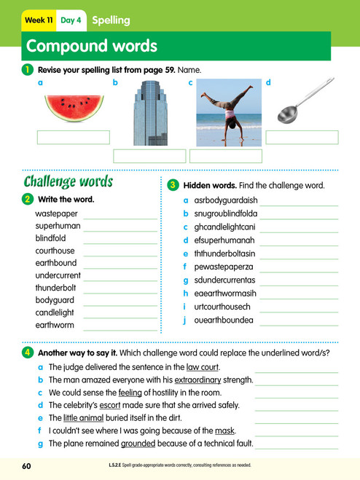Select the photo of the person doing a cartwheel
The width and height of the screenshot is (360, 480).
(x=226, y=114)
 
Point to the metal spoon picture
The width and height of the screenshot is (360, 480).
(x=301, y=107)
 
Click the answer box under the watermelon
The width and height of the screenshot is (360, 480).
(x=73, y=138)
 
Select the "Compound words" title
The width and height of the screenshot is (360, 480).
(x=91, y=47)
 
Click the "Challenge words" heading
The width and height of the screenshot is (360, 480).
(x=69, y=181)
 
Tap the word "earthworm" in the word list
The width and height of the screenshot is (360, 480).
(x=55, y=325)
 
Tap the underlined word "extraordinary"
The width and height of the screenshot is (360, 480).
(x=219, y=380)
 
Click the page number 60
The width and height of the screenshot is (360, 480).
(x=27, y=465)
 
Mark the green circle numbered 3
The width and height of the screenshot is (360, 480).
(x=173, y=186)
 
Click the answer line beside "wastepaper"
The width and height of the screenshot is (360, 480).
(x=120, y=215)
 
